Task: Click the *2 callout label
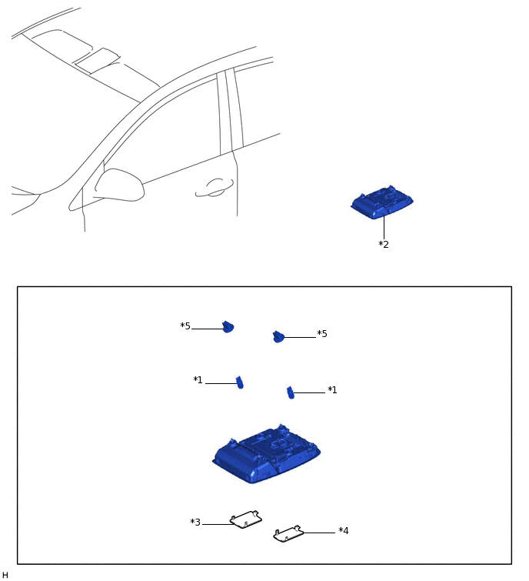[x=384, y=245]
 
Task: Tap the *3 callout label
[x=195, y=522]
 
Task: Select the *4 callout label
[x=343, y=531]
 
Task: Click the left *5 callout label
[x=185, y=326]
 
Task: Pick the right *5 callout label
[x=322, y=334]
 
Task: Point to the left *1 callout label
[x=198, y=380]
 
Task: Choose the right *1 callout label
[x=332, y=390]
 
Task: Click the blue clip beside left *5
[x=228, y=327]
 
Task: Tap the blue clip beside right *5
[x=278, y=336]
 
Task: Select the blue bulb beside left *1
[x=240, y=382]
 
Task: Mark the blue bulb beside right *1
[x=291, y=392]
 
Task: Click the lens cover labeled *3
[x=246, y=519]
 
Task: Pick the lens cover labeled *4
[x=288, y=533]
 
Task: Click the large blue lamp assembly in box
[x=267, y=453]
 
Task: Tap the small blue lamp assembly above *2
[x=382, y=202]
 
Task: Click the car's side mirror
[x=120, y=185]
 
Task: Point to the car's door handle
[x=215, y=188]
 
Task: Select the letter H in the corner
[x=5, y=575]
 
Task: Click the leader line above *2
[x=384, y=228]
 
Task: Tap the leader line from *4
[x=319, y=533]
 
